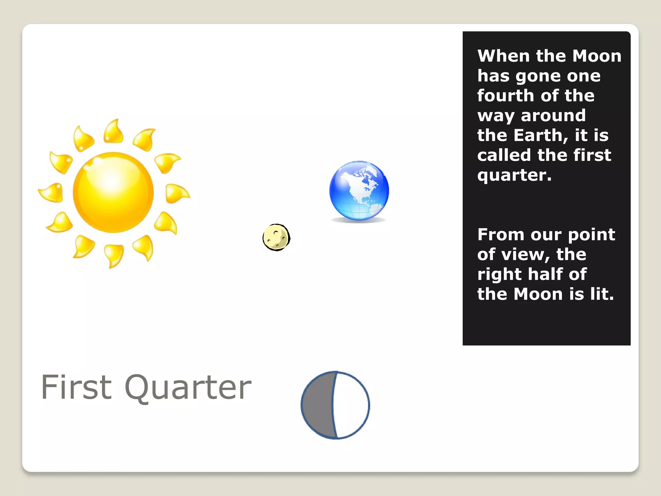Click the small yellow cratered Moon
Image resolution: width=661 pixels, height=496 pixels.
[276, 237]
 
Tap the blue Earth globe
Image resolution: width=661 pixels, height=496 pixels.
[359, 191]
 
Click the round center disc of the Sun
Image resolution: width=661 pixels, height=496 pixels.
[113, 192]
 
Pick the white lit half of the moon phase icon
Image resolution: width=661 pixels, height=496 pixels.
[352, 405]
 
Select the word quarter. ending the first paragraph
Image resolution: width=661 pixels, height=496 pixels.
[514, 176]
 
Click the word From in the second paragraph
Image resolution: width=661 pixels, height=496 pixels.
[501, 234]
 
